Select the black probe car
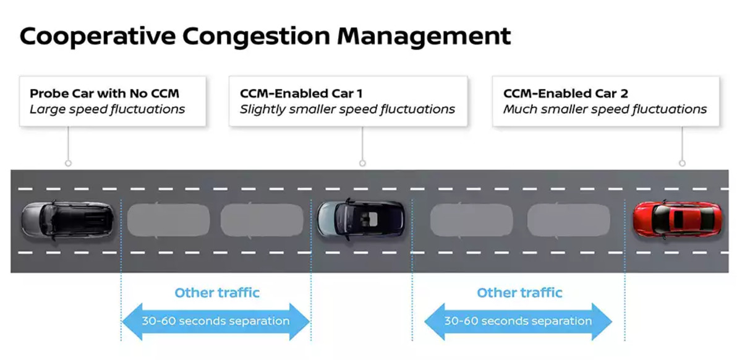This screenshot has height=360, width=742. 68,220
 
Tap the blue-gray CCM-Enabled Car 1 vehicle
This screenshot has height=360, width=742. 361,220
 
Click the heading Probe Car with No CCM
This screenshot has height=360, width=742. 104,93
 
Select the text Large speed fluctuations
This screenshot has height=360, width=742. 107,109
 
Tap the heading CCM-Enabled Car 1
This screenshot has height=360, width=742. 301,93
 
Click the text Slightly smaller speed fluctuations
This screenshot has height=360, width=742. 348,109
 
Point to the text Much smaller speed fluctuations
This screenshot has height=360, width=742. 605,109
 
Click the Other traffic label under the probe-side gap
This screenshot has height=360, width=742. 217,293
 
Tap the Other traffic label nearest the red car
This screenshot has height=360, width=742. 519,293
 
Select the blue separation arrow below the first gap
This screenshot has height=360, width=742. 216,321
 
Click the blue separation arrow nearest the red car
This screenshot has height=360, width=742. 518,321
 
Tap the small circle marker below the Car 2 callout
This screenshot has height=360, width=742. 682,163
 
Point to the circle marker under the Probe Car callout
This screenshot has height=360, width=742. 68,163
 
